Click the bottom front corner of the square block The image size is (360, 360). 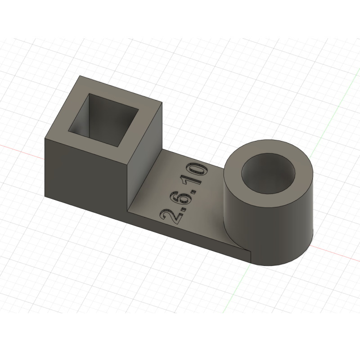tap(127, 212)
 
